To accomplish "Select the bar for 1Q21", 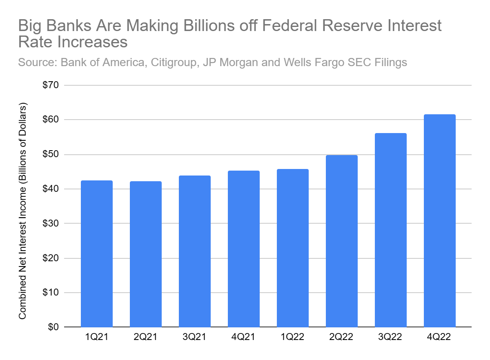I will pyautogui.click(x=97, y=253).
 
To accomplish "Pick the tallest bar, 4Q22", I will pyautogui.click(x=440, y=220).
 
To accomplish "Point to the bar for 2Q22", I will pyautogui.click(x=342, y=241).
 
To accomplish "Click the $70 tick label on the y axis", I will pyautogui.click(x=50, y=85).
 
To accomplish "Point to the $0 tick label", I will pyautogui.click(x=53, y=327).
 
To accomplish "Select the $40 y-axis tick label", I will pyautogui.click(x=50, y=189).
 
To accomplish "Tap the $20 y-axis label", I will pyautogui.click(x=50, y=258).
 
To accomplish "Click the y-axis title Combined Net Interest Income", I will pyautogui.click(x=23, y=212).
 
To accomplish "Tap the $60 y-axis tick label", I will pyautogui.click(x=50, y=120).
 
